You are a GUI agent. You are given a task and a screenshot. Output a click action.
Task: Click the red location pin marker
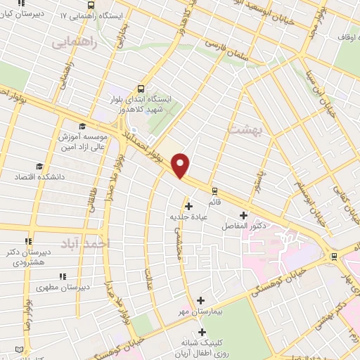pyautogui.click(x=181, y=165)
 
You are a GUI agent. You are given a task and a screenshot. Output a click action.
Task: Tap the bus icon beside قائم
pyautogui.click(x=214, y=190)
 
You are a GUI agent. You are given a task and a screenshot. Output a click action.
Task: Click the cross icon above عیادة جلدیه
pyautogui.click(x=188, y=206)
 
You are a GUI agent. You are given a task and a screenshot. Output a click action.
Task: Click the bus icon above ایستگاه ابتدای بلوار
pyautogui.click(x=141, y=89)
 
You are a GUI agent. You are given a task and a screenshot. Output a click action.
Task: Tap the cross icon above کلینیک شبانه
pyautogui.click(x=202, y=331)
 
